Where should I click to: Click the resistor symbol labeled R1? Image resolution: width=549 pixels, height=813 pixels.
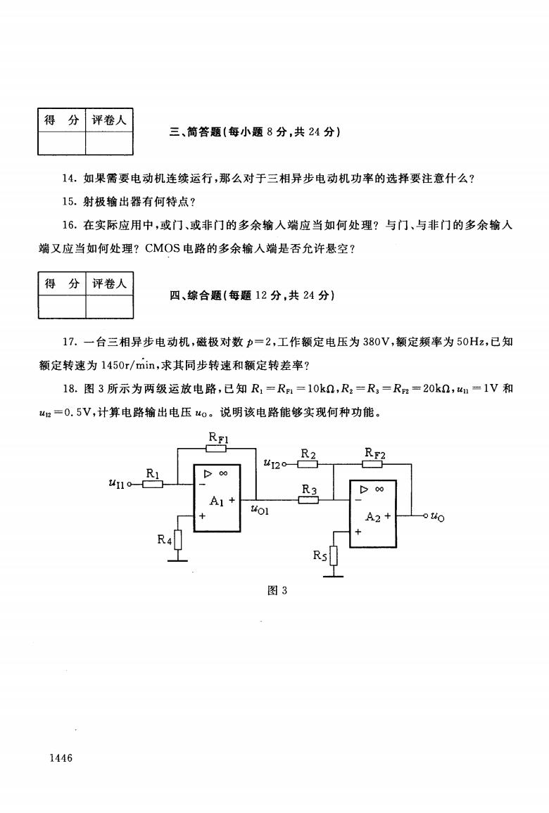click(153, 485)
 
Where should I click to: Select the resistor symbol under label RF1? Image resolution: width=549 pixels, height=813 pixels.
click(218, 448)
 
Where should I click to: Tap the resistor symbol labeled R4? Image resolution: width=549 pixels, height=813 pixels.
click(178, 539)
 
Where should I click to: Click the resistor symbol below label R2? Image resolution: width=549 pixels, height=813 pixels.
click(308, 464)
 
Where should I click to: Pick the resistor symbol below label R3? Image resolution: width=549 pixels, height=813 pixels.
click(309, 500)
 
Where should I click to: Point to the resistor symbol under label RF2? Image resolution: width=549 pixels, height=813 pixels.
click(372, 464)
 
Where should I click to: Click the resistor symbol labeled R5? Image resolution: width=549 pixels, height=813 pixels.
click(334, 556)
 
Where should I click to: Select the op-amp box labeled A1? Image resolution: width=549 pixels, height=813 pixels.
click(217, 498)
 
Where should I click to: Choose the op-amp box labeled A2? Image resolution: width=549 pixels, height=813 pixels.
click(373, 514)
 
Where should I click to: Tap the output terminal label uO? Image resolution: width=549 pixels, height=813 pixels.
click(437, 516)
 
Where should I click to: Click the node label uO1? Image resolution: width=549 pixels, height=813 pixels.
click(260, 509)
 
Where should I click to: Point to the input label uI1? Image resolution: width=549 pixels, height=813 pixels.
click(117, 484)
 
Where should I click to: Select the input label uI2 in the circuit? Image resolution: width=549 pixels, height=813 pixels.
click(272, 463)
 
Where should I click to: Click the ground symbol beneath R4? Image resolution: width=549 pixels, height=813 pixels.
click(178, 560)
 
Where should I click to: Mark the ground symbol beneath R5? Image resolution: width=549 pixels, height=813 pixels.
click(334, 575)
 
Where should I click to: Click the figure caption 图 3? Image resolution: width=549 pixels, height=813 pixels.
click(277, 590)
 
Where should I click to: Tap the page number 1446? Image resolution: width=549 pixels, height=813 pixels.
click(61, 757)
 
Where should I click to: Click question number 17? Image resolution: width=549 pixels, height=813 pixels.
click(70, 342)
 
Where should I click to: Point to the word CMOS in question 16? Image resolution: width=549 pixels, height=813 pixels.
click(163, 248)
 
